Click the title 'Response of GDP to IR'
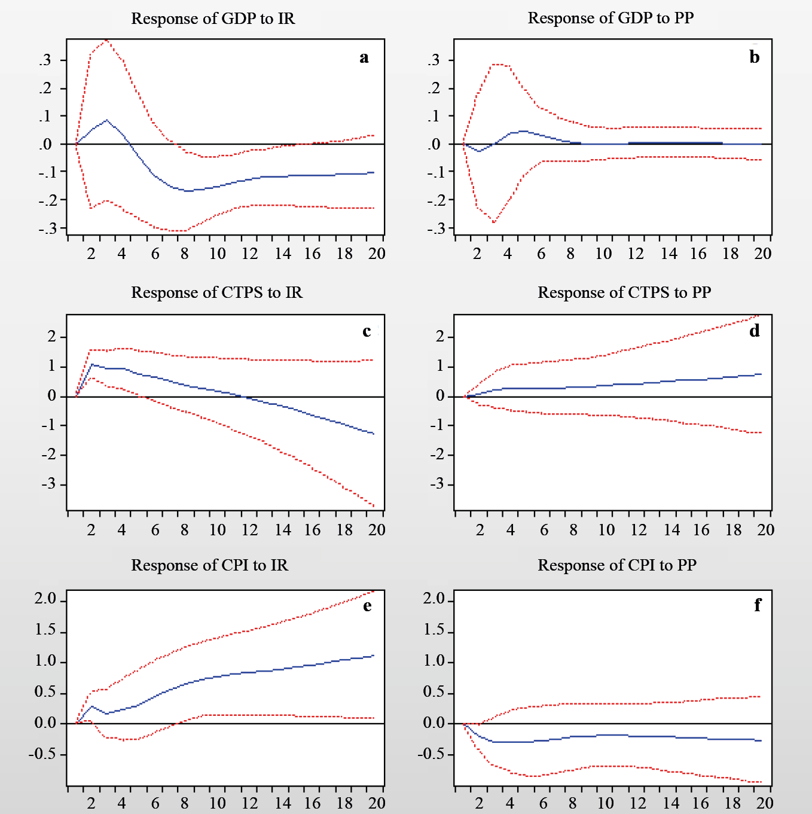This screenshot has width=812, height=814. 213,19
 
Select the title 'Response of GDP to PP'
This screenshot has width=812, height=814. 610,18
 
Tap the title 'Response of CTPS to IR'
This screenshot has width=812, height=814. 216,292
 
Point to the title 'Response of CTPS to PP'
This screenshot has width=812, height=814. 624,292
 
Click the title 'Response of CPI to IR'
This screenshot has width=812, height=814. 209,565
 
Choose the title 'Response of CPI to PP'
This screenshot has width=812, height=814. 617,565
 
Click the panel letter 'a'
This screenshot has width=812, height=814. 364,57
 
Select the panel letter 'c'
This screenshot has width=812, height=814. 367,331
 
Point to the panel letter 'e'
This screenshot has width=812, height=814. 367,606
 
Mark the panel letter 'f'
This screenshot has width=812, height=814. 758,605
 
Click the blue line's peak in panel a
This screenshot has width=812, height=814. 106,120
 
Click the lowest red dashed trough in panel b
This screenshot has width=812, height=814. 494,222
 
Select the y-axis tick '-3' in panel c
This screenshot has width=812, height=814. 49,484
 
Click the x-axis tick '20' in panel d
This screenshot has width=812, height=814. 765,530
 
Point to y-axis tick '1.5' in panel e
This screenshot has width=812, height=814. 45,630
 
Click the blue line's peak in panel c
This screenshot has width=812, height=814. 91,364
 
